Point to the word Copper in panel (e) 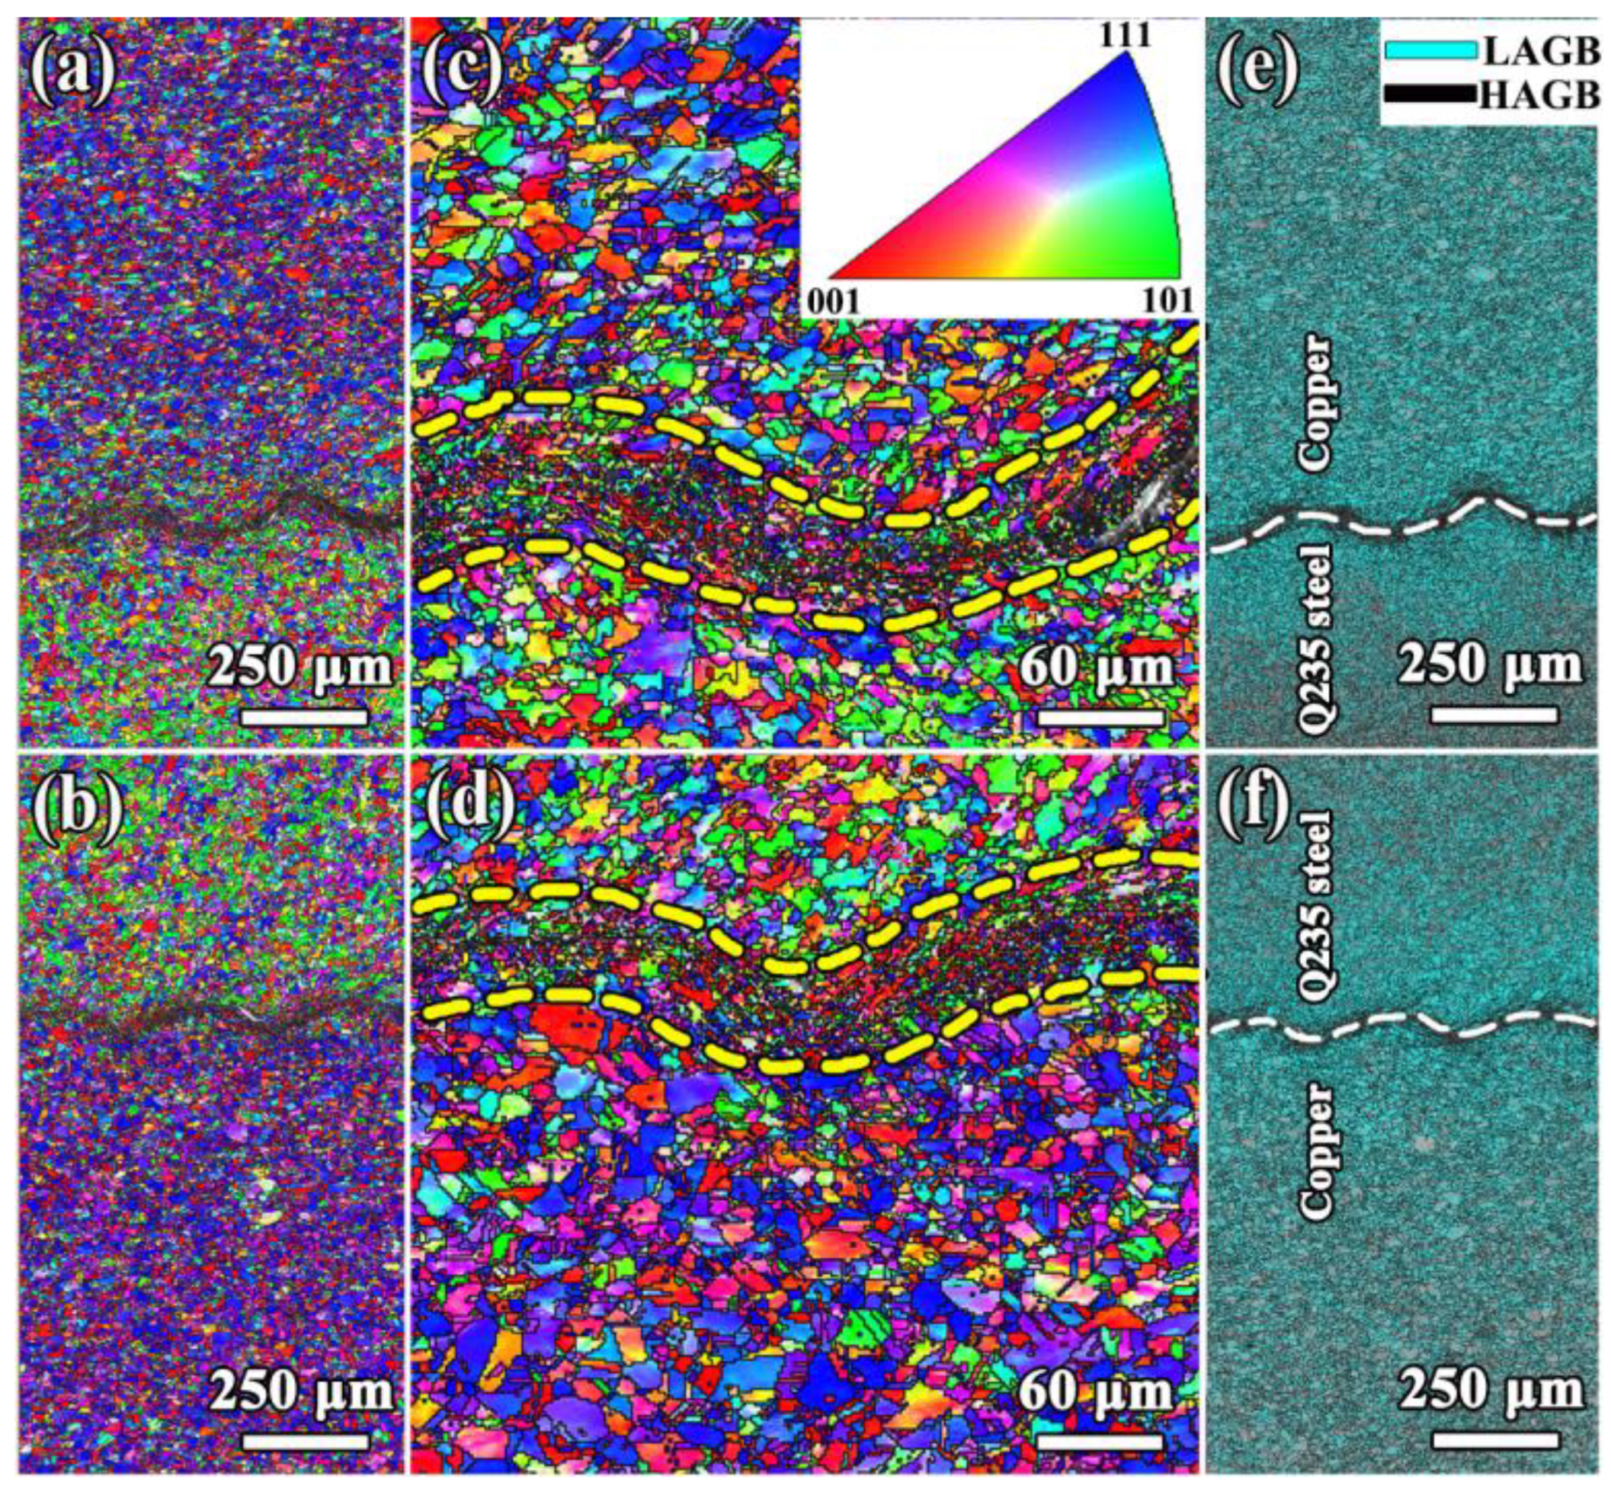[x=1315, y=403]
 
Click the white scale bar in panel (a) [x=304, y=716]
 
